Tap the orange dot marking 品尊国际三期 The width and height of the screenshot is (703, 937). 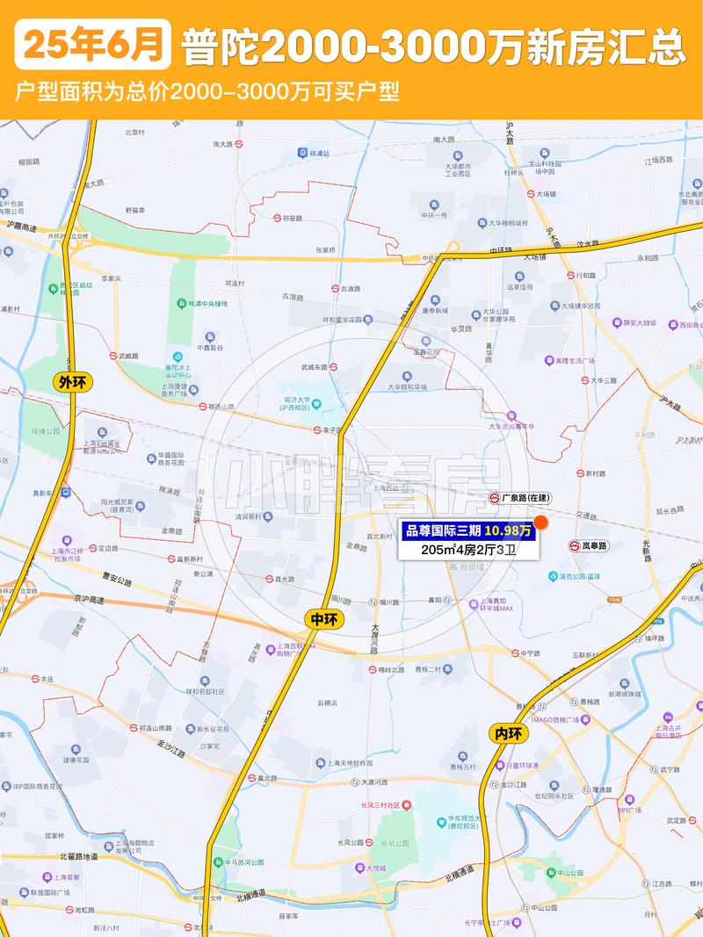pyautogui.click(x=541, y=523)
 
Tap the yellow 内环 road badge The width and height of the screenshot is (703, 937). pyautogui.click(x=508, y=733)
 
